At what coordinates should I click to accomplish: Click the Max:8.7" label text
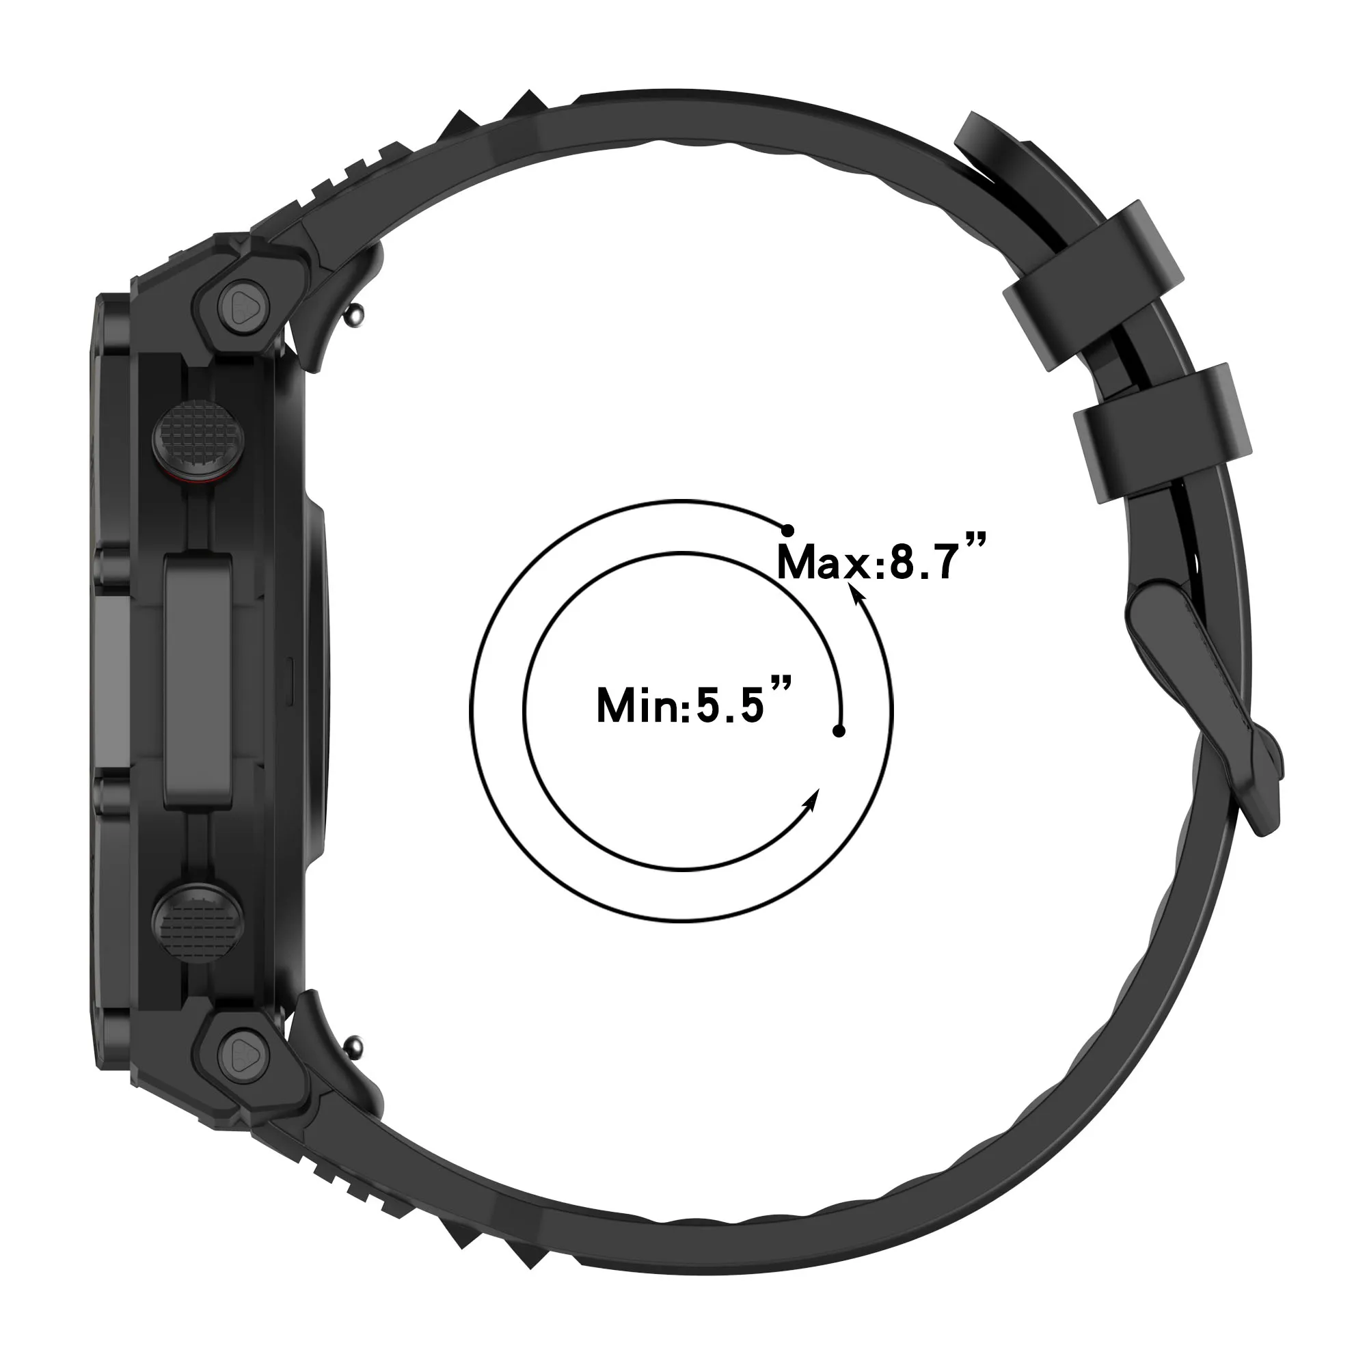(x=881, y=563)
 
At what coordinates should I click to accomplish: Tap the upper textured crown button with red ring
(x=199, y=442)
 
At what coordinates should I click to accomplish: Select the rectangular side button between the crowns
(x=198, y=681)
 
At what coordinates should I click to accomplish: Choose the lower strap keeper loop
(x=1163, y=433)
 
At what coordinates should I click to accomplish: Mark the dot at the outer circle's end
(x=787, y=529)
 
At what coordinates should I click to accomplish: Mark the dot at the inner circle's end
(x=839, y=731)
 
